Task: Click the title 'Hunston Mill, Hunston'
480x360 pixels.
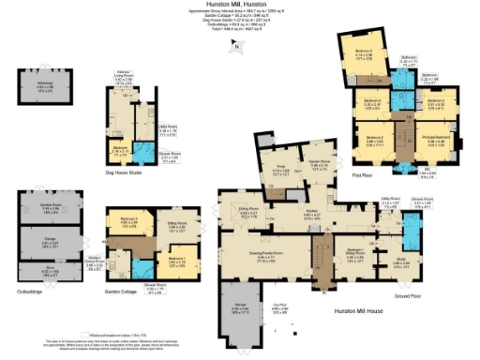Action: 238,4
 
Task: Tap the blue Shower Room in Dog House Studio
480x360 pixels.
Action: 144,154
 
